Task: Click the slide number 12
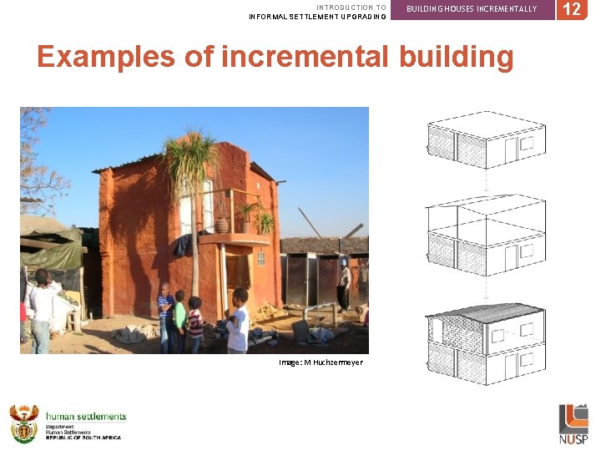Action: (572, 10)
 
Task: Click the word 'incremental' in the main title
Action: (306, 57)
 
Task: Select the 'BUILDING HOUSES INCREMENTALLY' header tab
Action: (472, 9)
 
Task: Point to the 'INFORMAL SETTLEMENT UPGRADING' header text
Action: (317, 17)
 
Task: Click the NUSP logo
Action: (573, 424)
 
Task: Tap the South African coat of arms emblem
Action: (23, 423)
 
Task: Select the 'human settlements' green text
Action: (86, 416)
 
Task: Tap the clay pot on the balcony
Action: (224, 225)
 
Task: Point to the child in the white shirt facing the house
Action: (238, 322)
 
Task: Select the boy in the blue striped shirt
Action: (166, 316)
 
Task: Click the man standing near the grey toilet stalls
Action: (344, 284)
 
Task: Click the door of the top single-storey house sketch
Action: (510, 150)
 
